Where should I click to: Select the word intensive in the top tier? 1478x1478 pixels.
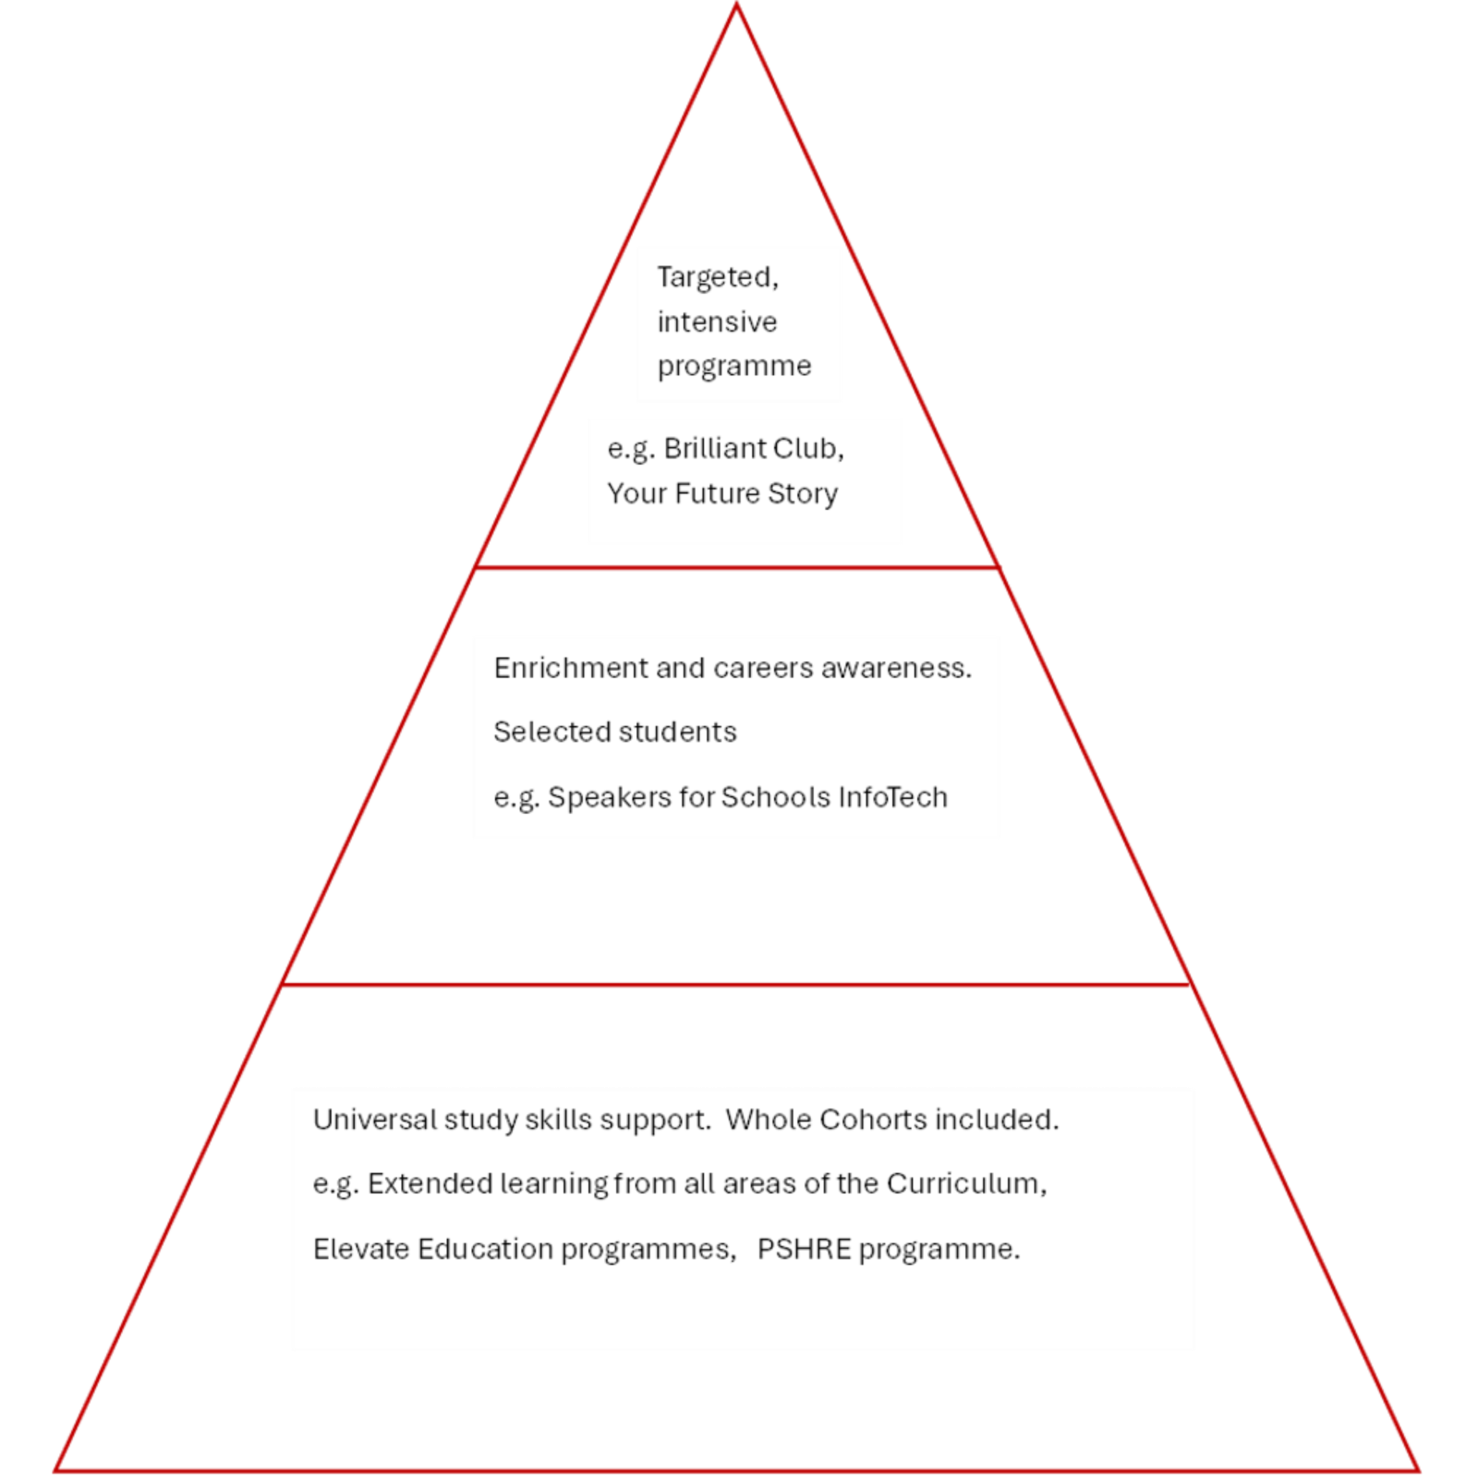pos(717,321)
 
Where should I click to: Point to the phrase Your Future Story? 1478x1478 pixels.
pos(721,493)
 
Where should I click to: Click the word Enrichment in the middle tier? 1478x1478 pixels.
pos(570,667)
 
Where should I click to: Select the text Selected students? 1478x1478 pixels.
pos(614,732)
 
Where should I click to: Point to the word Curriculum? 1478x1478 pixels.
pos(965,1183)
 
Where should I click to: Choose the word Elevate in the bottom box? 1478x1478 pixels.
pos(361,1249)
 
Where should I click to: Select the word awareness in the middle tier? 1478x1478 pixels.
pos(895,667)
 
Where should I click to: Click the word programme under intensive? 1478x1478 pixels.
pos(734,366)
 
